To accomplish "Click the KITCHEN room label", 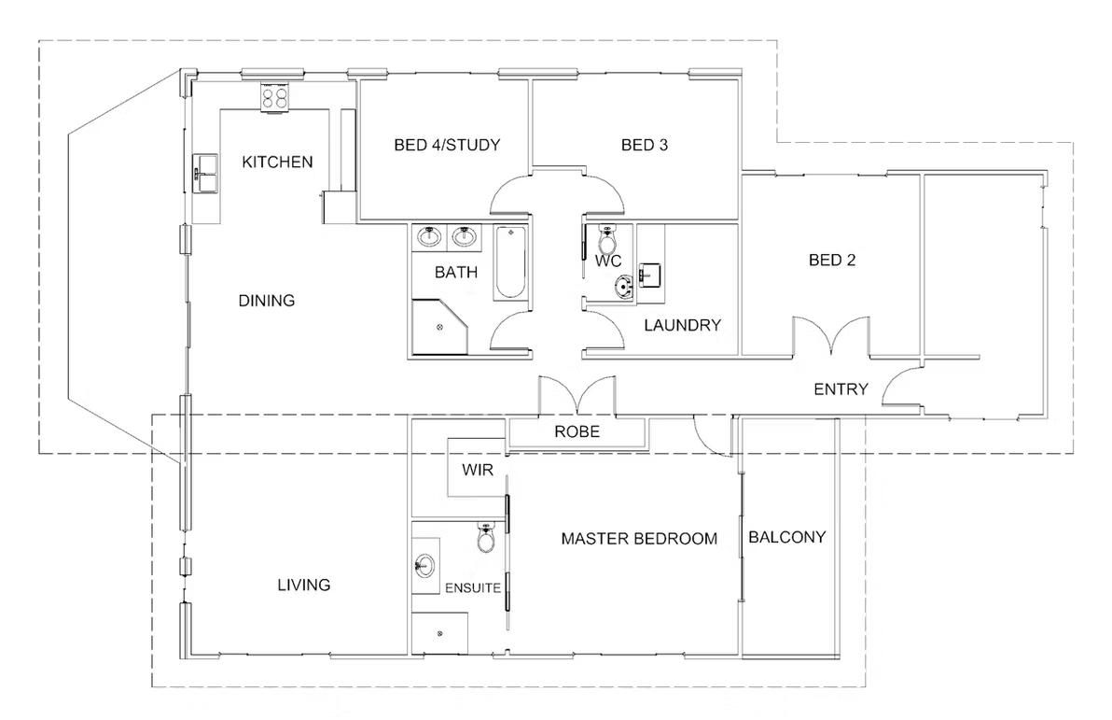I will [x=277, y=162].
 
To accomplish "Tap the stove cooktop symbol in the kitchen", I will [x=275, y=96].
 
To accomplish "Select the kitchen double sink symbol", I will [x=205, y=174].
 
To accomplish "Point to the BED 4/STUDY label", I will [x=447, y=145].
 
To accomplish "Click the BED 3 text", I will [x=645, y=145].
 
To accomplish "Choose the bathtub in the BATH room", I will [x=510, y=262].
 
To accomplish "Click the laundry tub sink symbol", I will [x=649, y=275].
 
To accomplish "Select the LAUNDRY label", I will [x=683, y=325].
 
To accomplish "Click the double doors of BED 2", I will [x=832, y=337].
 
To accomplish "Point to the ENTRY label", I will [x=841, y=389].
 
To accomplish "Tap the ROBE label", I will [x=577, y=432].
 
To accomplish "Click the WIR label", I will [x=478, y=469].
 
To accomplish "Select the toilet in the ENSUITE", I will [x=487, y=538].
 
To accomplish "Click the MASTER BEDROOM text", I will [x=639, y=539].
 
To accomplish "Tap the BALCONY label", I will [x=787, y=537].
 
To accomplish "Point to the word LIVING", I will [x=304, y=586].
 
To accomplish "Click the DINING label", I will [x=267, y=301].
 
